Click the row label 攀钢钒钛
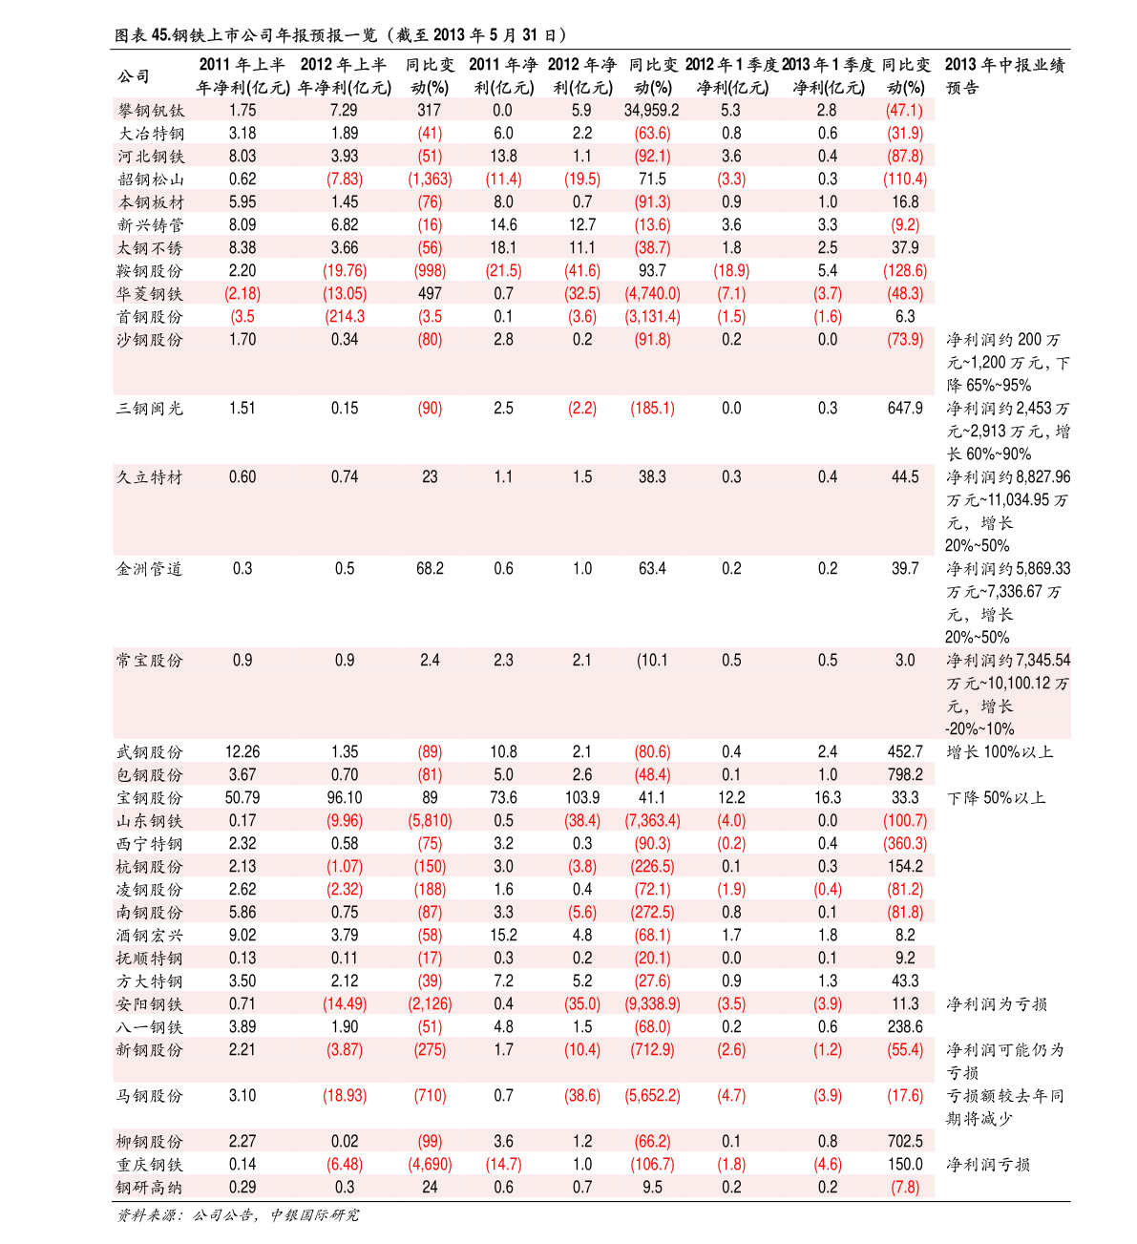[x=151, y=111]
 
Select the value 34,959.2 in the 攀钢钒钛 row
[x=652, y=111]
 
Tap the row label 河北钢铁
[x=151, y=157]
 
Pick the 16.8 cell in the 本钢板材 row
[x=905, y=202]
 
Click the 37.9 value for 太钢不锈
[x=905, y=248]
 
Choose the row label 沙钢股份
[x=149, y=340]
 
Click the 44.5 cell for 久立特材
[x=905, y=477]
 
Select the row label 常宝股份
[x=149, y=661]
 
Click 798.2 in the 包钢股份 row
[x=905, y=775]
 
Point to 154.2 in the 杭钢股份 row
[x=905, y=867]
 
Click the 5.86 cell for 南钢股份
[x=242, y=913]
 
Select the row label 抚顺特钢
[x=149, y=959]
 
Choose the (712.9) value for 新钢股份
[x=652, y=1050]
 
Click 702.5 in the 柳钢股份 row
[x=905, y=1142]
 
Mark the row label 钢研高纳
[x=149, y=1188]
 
